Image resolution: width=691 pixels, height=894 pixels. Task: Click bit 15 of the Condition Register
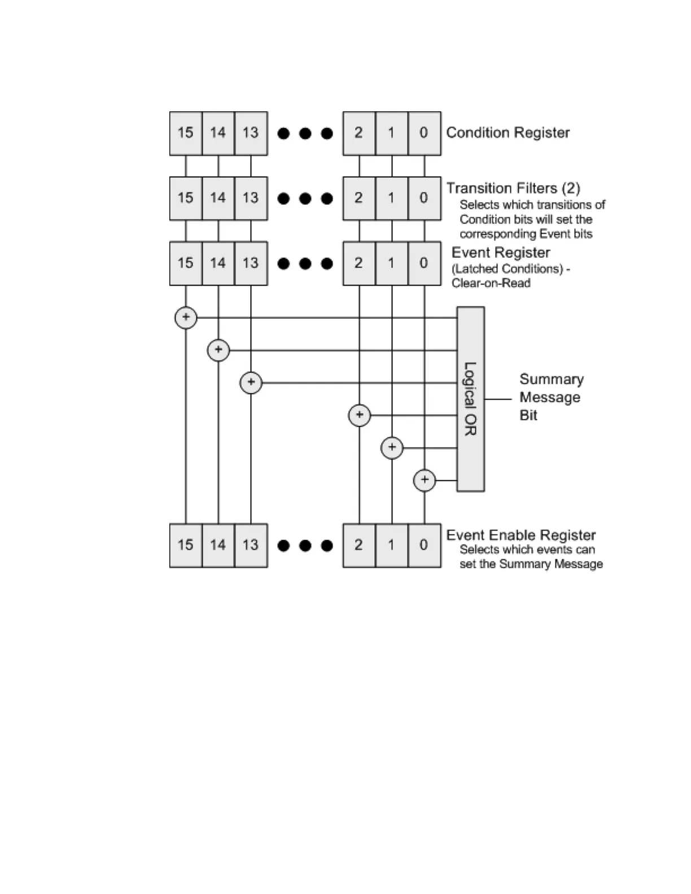click(186, 133)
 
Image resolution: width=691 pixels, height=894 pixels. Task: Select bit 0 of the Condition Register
click(424, 133)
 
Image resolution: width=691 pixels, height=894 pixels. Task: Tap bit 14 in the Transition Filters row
click(218, 198)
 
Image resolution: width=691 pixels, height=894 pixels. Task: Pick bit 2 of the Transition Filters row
click(359, 198)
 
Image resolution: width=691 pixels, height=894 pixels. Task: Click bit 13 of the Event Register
click(251, 264)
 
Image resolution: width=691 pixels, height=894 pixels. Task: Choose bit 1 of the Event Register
click(391, 264)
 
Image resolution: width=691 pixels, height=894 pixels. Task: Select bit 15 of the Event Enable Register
click(186, 545)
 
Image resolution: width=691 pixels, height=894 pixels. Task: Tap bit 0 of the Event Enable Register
click(424, 545)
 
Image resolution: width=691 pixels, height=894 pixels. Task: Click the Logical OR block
click(470, 399)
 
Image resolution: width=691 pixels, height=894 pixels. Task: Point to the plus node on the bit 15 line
click(186, 317)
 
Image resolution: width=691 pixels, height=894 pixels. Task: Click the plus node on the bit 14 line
click(218, 350)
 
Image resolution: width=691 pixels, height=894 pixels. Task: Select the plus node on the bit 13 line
click(251, 383)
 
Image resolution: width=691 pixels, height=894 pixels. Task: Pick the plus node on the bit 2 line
click(360, 415)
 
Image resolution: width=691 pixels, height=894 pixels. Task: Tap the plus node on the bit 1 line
click(392, 448)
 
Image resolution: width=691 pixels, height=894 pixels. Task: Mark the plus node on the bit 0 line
click(425, 480)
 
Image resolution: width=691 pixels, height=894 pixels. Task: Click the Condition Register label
click(508, 133)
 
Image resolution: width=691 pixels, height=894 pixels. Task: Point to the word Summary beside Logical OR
click(551, 379)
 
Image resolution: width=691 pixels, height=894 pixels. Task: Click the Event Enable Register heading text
click(521, 535)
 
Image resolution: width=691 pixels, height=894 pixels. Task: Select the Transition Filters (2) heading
click(513, 188)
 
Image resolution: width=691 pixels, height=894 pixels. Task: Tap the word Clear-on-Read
click(491, 283)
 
